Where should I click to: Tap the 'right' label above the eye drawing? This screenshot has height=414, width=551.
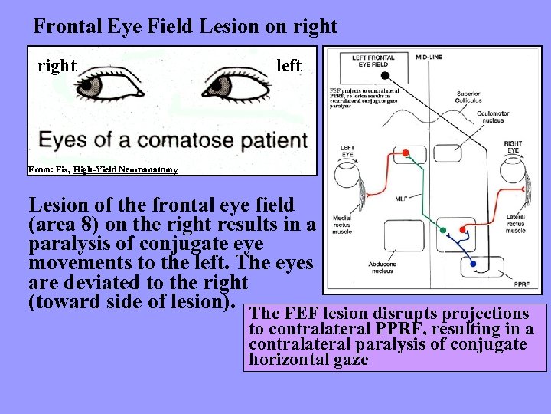click(57, 66)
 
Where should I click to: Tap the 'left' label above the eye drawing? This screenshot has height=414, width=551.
click(289, 66)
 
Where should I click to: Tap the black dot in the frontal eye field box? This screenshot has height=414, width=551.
click(384, 75)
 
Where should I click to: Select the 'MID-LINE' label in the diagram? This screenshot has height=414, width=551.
click(432, 56)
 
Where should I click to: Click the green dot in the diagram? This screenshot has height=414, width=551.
click(443, 230)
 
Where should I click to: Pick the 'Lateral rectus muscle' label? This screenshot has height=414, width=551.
click(517, 223)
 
